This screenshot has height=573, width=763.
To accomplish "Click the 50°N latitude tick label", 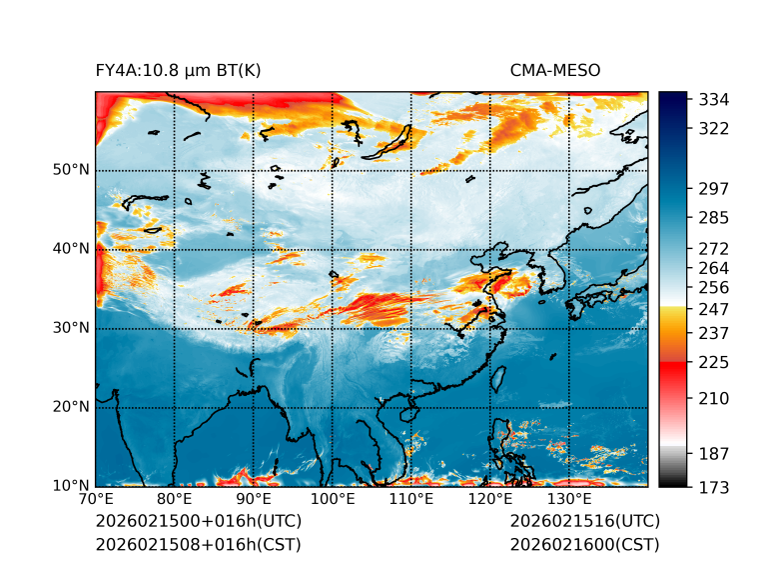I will point(72,170).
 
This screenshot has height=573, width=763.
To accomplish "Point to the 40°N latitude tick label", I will point(72,249).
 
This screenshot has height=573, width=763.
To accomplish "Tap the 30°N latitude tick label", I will point(72,328).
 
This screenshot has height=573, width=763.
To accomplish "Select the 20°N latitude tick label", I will point(72,407).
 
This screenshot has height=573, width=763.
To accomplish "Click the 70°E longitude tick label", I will point(96,499).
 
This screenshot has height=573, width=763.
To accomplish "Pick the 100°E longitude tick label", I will point(333,499).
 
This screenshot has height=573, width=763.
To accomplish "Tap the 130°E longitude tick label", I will point(569,499).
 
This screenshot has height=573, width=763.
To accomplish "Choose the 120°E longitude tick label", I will point(490,499).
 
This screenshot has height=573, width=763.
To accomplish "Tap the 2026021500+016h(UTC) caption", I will point(198,521).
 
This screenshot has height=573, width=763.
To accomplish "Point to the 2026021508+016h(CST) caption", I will point(198,544).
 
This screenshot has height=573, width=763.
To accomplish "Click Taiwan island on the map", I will point(498,380).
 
